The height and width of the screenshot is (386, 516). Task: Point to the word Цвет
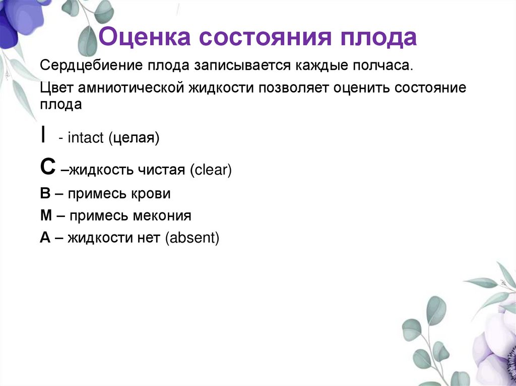tap(56, 88)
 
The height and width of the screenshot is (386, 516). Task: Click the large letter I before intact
tap(45, 135)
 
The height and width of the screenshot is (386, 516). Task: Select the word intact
tap(85, 138)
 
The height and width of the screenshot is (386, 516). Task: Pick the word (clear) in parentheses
tap(211, 170)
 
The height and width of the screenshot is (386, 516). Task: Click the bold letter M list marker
tap(46, 216)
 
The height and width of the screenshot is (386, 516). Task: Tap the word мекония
tap(162, 216)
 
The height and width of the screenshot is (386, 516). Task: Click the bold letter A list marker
tap(45, 238)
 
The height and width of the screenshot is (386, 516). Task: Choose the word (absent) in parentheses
tap(191, 238)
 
